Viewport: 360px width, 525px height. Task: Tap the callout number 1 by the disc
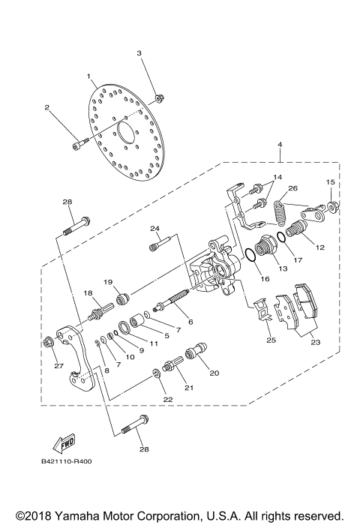coord(88,76)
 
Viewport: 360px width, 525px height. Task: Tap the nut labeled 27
coord(49,343)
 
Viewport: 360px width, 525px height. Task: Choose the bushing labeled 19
coord(121,291)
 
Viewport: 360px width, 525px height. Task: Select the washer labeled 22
coord(157,373)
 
